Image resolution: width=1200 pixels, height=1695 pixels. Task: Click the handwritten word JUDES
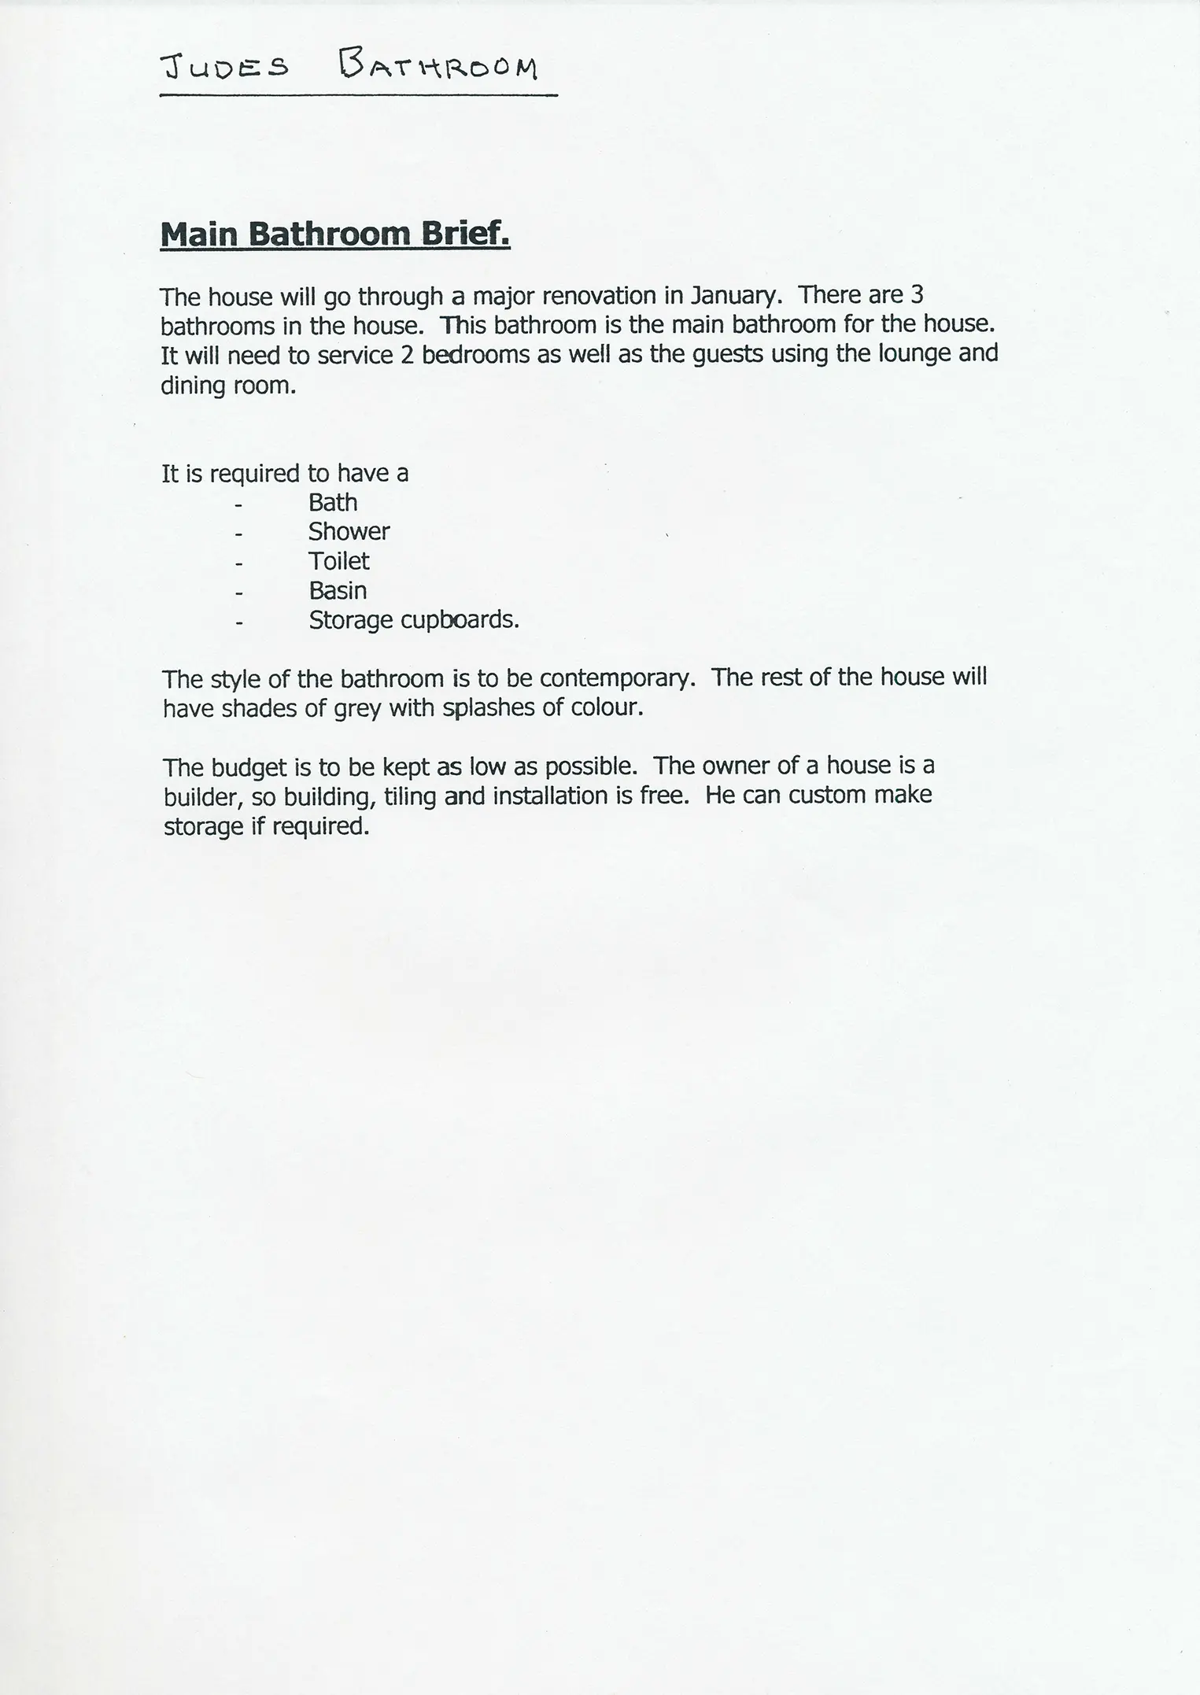pyautogui.click(x=223, y=68)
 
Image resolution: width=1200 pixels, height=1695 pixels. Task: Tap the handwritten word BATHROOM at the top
pyautogui.click(x=438, y=66)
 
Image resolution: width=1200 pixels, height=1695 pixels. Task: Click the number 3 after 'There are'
pyautogui.click(x=916, y=295)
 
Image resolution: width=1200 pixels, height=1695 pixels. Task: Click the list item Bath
pyautogui.click(x=333, y=502)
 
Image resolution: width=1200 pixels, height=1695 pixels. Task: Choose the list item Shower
pyautogui.click(x=349, y=532)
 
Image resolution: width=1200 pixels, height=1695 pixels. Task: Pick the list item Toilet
pyautogui.click(x=339, y=561)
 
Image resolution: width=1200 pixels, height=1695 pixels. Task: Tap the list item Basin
pyautogui.click(x=338, y=591)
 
